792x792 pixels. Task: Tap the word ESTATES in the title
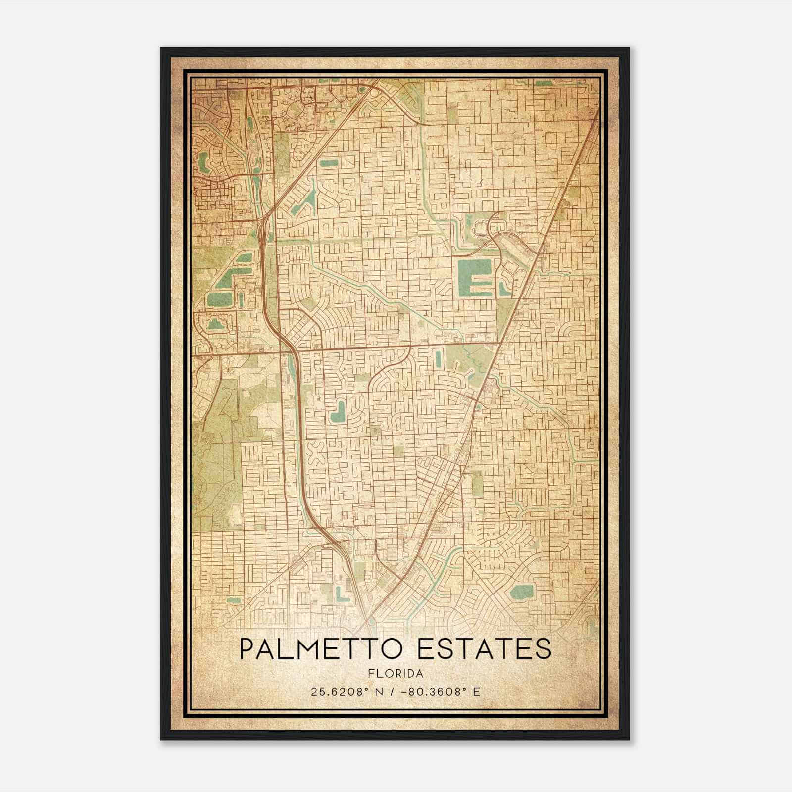(485, 649)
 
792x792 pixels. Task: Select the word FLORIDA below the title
(395, 674)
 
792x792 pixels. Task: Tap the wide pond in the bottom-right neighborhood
(520, 591)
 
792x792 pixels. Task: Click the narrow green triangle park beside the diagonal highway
(505, 312)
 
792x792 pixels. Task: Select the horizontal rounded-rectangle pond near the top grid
(329, 163)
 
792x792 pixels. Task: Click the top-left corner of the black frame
(161, 48)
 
